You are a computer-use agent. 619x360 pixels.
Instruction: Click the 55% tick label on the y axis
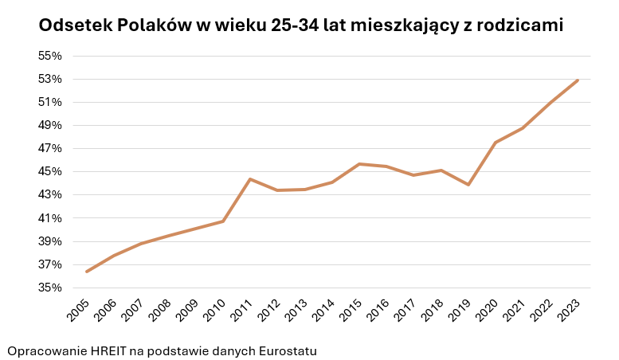(x=49, y=56)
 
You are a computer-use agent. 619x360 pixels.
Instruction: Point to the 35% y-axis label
(x=49, y=288)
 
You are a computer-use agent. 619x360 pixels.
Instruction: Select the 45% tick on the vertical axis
(x=49, y=172)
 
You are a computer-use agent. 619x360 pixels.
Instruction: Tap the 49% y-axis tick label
(x=49, y=125)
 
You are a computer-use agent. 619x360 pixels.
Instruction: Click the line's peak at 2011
(x=250, y=179)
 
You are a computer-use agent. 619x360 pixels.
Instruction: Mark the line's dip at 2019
(x=468, y=185)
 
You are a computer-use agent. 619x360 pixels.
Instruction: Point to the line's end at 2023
(x=578, y=80)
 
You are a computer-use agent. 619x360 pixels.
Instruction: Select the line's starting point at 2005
(x=86, y=272)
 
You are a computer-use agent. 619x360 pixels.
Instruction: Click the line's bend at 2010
(x=223, y=221)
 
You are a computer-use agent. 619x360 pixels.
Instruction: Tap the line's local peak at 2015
(x=359, y=164)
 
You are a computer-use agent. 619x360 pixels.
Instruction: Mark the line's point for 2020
(x=496, y=143)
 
